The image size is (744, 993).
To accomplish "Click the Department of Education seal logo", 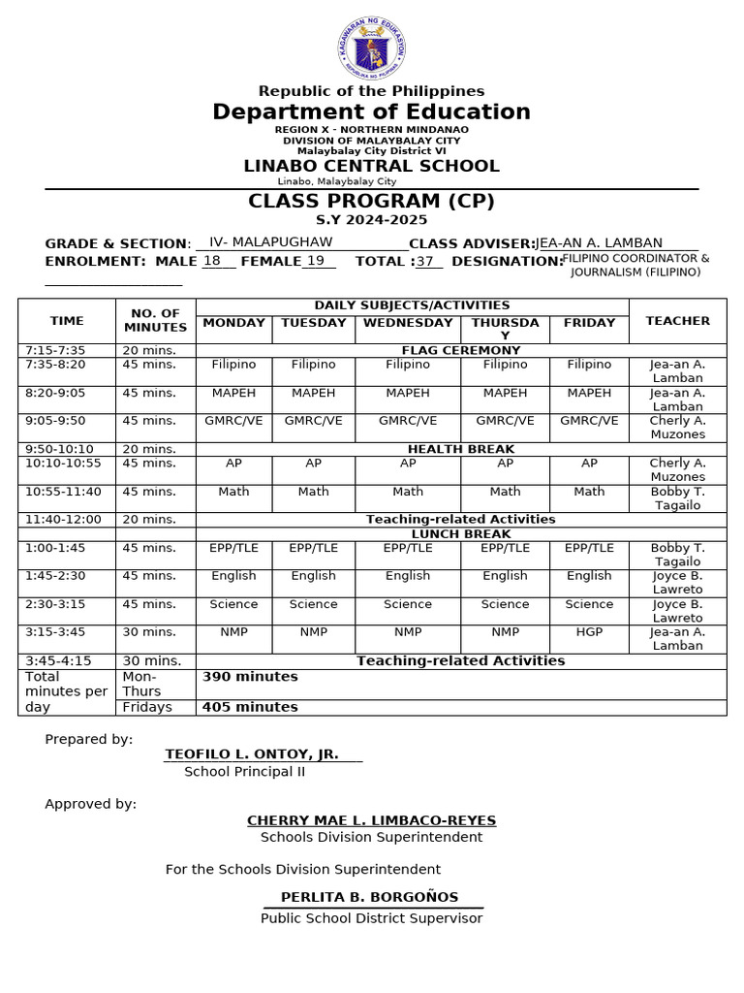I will click(x=372, y=48).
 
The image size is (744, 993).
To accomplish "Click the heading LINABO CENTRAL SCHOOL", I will click(x=371, y=166).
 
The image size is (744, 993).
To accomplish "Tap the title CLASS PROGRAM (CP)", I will click(x=371, y=202).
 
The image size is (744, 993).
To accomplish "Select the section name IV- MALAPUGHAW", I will click(x=270, y=242).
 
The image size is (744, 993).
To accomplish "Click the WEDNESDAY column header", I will click(x=408, y=323).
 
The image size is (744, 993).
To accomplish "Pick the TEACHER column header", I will click(x=677, y=321).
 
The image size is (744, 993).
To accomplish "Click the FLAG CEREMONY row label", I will click(x=460, y=350).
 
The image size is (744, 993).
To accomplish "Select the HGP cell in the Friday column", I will click(x=589, y=632).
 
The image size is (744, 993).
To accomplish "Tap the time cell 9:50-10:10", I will click(x=60, y=449).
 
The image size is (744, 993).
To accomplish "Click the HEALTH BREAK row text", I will click(x=460, y=449).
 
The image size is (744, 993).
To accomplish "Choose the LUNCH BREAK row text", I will click(x=460, y=534).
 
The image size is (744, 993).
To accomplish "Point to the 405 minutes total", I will click(x=250, y=707).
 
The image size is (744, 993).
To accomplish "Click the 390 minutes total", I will click(x=250, y=677).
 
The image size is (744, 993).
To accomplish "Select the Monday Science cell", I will click(x=233, y=604).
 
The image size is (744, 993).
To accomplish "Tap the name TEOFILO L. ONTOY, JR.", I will click(x=252, y=754).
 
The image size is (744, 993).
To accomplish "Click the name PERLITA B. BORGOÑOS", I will click(x=370, y=898).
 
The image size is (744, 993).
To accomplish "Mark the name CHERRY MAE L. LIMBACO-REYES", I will click(x=371, y=820).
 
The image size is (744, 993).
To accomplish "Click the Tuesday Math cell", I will click(x=313, y=492).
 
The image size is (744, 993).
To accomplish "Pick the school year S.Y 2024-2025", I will click(x=371, y=221).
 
